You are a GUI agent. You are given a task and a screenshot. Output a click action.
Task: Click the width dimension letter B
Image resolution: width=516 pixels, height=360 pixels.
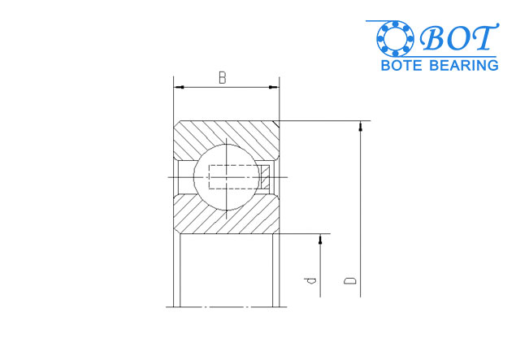[222, 77]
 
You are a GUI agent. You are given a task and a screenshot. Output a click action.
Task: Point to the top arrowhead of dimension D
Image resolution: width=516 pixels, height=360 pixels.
[360, 126]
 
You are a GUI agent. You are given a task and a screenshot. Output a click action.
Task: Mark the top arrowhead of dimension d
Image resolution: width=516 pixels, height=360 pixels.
[321, 239]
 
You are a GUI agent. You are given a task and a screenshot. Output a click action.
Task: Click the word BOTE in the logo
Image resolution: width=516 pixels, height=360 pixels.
[404, 64]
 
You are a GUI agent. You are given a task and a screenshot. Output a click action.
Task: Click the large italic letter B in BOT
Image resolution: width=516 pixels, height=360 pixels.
[431, 38]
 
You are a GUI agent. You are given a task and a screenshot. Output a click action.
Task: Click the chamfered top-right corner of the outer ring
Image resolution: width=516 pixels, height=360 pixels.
[277, 124]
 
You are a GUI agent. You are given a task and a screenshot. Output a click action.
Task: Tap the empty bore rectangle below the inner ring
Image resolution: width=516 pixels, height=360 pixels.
[226, 272]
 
